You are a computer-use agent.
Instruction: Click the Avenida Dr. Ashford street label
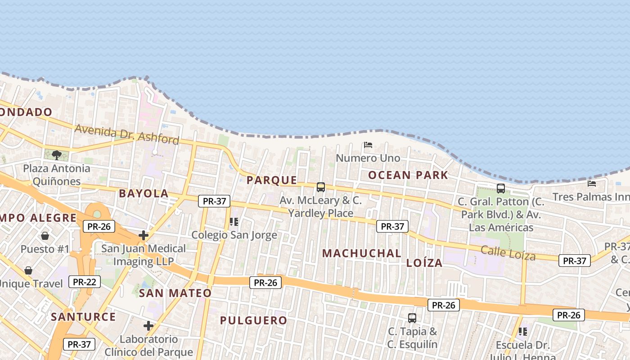127,135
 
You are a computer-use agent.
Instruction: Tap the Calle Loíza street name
508,253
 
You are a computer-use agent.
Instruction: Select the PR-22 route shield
85,282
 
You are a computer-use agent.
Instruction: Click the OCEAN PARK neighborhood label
408,175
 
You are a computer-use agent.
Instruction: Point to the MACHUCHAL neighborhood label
362,253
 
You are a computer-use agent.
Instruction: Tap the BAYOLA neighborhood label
144,194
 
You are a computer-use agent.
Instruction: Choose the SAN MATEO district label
175,293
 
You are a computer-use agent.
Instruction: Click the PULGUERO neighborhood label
253,321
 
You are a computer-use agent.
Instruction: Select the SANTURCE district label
83,317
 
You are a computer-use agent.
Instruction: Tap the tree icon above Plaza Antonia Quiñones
57,155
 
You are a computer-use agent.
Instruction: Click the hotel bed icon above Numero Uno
368,145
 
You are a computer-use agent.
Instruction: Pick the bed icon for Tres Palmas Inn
592,184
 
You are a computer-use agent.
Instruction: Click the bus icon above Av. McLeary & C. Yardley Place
321,187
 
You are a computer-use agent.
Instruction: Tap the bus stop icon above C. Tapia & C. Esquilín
412,318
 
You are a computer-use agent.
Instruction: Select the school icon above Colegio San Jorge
234,222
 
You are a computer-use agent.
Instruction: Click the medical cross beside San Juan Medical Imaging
144,235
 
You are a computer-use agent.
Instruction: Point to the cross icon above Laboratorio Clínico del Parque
148,326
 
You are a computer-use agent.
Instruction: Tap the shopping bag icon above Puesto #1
45,236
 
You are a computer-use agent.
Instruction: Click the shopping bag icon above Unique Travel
28,270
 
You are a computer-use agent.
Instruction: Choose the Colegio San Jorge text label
234,235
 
